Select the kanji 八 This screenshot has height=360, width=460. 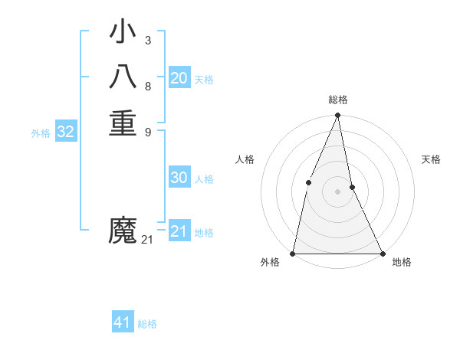(x=123, y=77)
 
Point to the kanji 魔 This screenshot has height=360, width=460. (x=123, y=231)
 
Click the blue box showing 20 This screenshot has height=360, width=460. (x=179, y=78)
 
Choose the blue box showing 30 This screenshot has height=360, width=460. (x=179, y=178)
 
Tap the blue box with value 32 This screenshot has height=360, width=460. (x=66, y=132)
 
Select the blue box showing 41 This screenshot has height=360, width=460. (x=123, y=322)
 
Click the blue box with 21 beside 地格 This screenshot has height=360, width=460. (x=179, y=231)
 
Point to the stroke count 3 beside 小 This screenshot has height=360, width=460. (x=147, y=41)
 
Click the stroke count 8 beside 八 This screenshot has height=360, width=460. (x=147, y=86)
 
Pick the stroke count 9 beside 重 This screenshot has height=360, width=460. (x=147, y=131)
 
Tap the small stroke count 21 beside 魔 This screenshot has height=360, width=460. (x=147, y=240)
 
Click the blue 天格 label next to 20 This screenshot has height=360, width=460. (x=204, y=80)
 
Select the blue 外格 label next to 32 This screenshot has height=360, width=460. (x=41, y=133)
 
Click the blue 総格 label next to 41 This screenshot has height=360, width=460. (x=147, y=324)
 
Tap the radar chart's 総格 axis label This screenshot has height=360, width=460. (x=337, y=100)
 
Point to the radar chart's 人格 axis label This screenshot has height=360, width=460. (x=245, y=159)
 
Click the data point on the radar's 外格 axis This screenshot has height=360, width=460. (x=293, y=253)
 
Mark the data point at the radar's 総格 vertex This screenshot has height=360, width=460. (x=337, y=116)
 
